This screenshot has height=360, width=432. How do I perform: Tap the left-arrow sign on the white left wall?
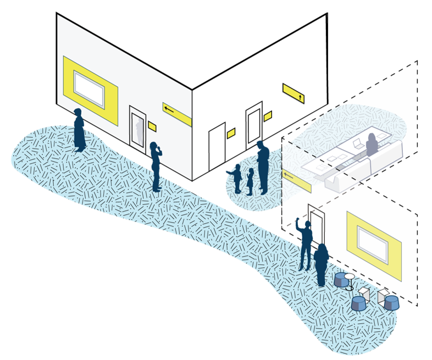(x=176, y=113)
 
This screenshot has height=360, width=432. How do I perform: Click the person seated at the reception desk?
(x=372, y=145)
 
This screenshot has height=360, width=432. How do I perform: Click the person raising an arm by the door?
(x=305, y=242)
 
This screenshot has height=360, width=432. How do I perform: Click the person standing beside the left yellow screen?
(x=79, y=130)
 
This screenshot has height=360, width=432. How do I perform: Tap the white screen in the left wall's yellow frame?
(x=89, y=89)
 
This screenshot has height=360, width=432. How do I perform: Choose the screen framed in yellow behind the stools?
(x=374, y=242)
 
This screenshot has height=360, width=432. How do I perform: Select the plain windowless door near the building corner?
(x=217, y=146)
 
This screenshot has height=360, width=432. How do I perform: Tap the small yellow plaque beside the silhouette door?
(x=152, y=126)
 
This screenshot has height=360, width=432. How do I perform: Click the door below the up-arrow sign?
(x=254, y=125)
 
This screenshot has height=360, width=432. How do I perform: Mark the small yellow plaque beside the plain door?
(x=231, y=132)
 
